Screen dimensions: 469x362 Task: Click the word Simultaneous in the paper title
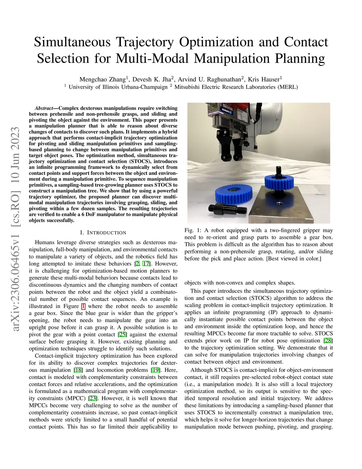tap(69, 42)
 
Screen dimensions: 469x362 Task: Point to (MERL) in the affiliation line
tap(288, 87)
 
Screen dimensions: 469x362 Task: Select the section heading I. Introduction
tap(103, 233)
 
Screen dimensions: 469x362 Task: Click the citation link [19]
tap(155, 370)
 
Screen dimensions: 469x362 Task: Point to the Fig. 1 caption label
tap(193, 230)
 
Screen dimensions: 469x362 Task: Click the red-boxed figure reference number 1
tap(83, 306)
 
